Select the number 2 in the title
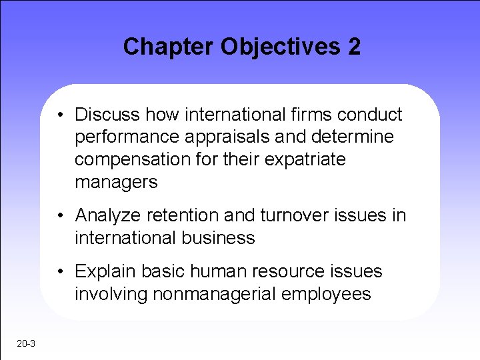tap(353, 47)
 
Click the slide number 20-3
tap(27, 343)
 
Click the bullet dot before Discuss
tap(61, 115)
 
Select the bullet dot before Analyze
tap(61, 215)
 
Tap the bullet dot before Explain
tap(61, 271)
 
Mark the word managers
tap(116, 182)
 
